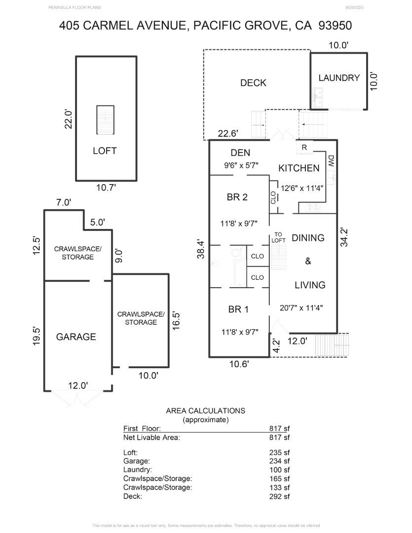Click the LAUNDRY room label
(338, 78)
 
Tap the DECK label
(253, 83)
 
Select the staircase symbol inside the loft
(105, 119)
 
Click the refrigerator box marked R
(304, 147)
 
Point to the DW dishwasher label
(331, 160)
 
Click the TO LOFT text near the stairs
(278, 237)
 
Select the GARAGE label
(76, 337)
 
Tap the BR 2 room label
(237, 197)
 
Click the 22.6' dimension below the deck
(228, 133)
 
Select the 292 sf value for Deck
(280, 496)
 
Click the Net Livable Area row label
(151, 437)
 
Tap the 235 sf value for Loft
(280, 452)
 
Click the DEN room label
(240, 153)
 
